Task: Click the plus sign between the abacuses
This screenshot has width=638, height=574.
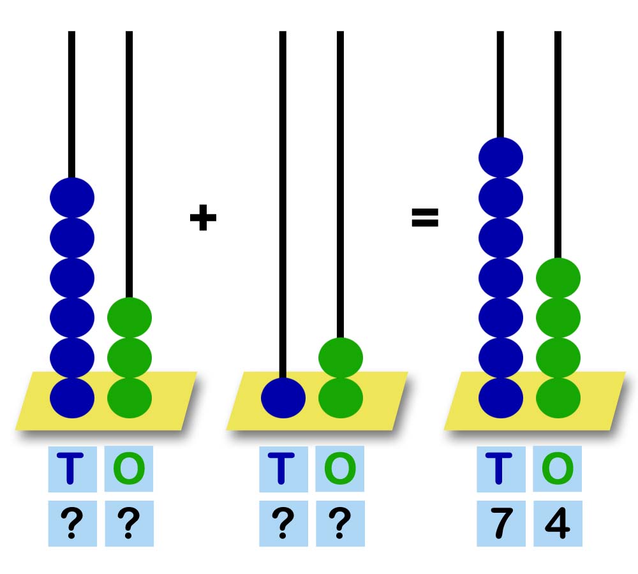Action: (203, 219)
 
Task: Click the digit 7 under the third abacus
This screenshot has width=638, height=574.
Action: (501, 524)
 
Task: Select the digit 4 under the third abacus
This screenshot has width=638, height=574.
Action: (558, 524)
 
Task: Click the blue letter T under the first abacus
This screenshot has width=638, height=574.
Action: (72, 469)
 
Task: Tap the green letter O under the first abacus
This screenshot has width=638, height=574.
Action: (129, 469)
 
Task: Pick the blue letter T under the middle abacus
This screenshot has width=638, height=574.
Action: (283, 469)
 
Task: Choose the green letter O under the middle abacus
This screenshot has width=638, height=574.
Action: (340, 469)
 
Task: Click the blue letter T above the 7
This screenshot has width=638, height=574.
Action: (501, 469)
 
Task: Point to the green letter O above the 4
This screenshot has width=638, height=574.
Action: (558, 469)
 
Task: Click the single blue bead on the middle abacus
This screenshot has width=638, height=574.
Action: (283, 398)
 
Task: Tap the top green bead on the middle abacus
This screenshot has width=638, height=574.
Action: (341, 357)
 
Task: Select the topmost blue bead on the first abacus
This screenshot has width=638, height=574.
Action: (72, 197)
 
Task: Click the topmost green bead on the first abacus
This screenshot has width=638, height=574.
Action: (130, 317)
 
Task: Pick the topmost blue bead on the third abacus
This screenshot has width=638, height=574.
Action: (501, 157)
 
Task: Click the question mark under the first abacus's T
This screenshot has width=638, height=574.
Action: (72, 524)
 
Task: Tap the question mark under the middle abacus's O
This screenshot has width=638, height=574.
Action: (340, 524)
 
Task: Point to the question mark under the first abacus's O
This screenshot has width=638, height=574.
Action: (129, 524)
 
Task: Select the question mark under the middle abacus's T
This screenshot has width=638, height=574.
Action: (283, 524)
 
